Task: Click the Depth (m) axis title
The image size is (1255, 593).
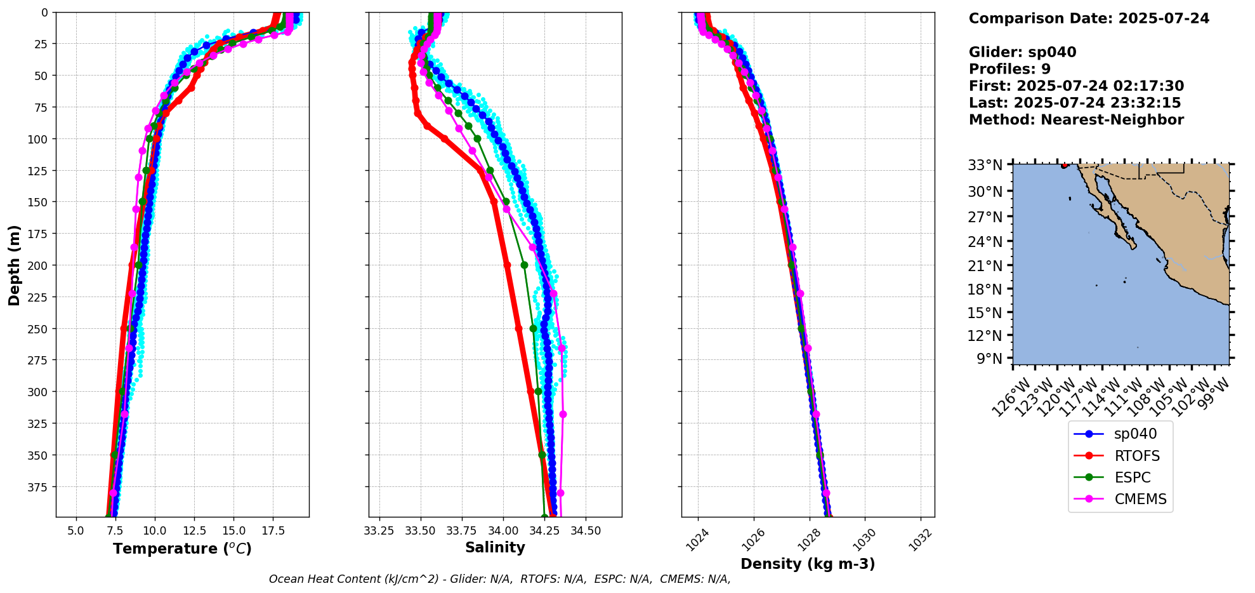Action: [14, 265]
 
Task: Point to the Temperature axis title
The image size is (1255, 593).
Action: [182, 549]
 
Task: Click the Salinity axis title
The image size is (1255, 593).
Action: [495, 548]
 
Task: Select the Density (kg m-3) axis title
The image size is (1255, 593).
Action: [808, 564]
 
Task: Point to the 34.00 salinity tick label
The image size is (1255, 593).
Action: [503, 530]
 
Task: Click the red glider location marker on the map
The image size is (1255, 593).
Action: [1064, 166]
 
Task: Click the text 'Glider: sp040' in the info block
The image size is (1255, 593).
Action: [1022, 53]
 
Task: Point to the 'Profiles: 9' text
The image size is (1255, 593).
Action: [1009, 69]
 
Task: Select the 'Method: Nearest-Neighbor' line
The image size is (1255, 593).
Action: [1076, 120]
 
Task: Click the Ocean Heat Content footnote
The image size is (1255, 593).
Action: [499, 579]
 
